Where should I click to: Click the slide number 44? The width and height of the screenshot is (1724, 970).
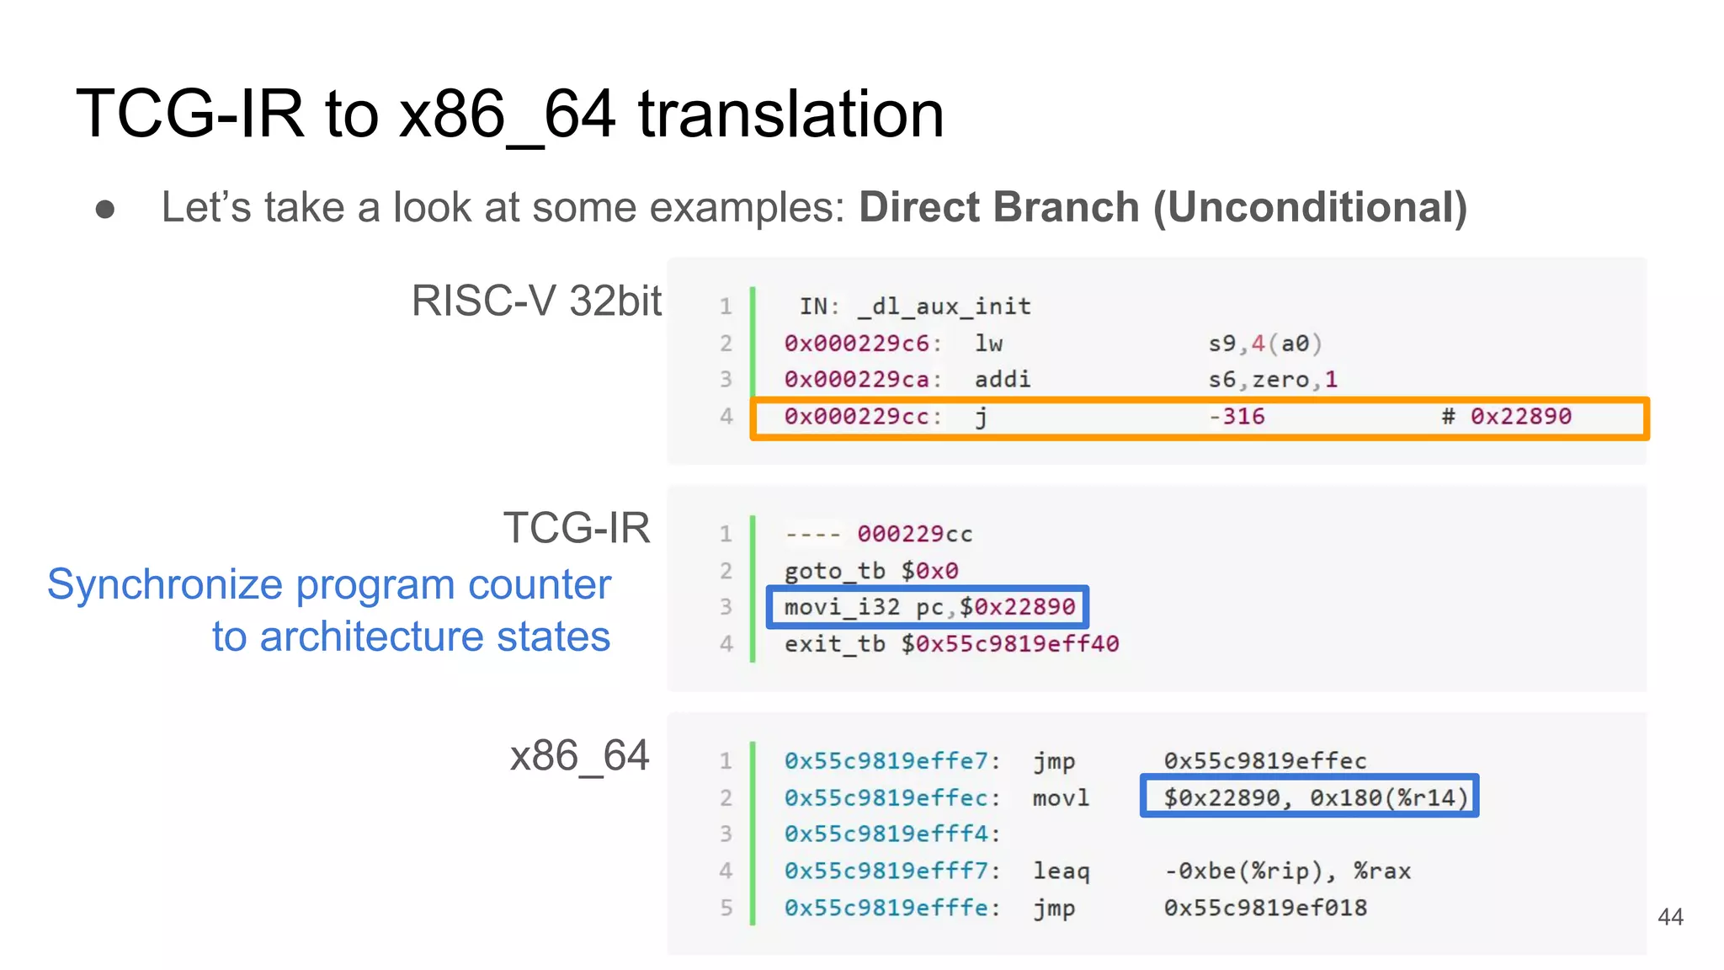[x=1670, y=917]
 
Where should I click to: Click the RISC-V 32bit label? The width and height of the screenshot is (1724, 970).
[x=536, y=301]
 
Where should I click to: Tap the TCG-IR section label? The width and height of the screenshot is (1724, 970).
[x=577, y=529]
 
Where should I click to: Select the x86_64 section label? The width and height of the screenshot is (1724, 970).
[x=579, y=756]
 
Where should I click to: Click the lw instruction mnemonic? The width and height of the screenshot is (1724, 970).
[x=988, y=344]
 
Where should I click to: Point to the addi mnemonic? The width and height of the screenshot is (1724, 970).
[x=1002, y=380]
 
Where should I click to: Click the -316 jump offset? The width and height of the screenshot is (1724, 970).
[x=1237, y=417]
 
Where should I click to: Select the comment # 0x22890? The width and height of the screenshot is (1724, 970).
[x=1506, y=417]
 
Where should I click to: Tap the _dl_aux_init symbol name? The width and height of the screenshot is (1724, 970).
[x=944, y=306]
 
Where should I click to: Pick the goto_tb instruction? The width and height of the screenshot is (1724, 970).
[x=834, y=571]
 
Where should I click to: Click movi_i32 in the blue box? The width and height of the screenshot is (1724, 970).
[x=842, y=607]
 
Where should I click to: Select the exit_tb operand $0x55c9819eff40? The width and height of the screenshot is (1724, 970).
[x=1009, y=644]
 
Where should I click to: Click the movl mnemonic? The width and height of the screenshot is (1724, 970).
[x=1061, y=797]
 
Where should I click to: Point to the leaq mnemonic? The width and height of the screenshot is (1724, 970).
[x=1061, y=871]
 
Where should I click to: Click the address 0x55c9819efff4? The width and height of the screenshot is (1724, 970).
[x=891, y=834]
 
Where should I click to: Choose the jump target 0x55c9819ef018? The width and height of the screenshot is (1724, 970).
[x=1265, y=908]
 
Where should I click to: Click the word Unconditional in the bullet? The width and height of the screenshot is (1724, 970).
[x=1310, y=207]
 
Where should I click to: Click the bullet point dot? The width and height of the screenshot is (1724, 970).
[x=105, y=209]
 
